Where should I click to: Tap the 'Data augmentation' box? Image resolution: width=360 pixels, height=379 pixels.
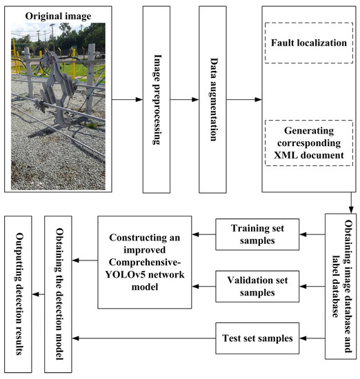[x=212, y=99]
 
